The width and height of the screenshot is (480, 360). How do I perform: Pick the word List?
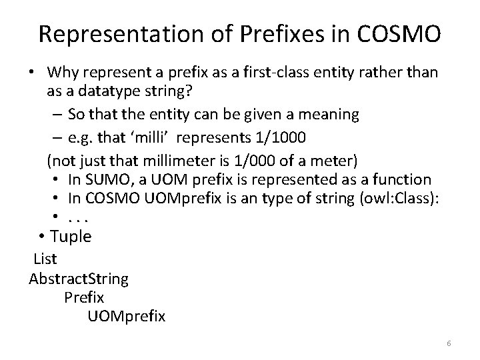(45, 258)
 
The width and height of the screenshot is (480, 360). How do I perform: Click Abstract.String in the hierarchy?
(79, 277)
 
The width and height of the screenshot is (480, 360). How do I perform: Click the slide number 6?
(449, 343)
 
